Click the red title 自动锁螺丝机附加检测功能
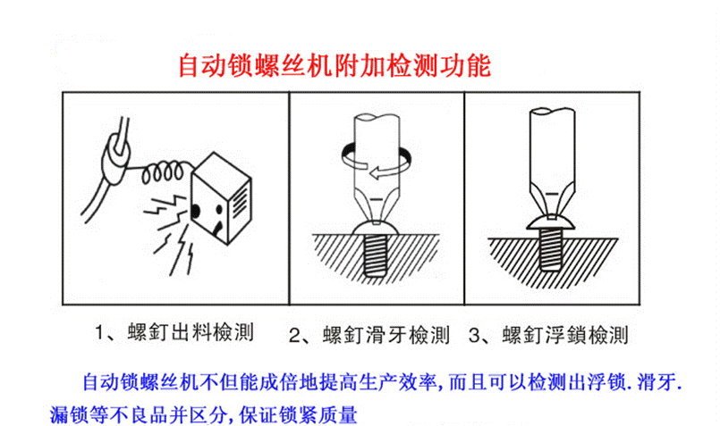tap(335, 65)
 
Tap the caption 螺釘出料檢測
tap(191, 332)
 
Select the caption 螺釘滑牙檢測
tap(385, 335)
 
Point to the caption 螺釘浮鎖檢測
tap(565, 335)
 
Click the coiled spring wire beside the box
tap(161, 171)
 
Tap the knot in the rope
tap(114, 157)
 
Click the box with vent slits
tap(221, 198)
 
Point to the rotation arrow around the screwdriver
tap(376, 161)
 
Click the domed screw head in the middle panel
tap(376, 227)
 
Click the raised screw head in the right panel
tap(551, 222)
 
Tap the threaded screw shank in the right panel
tap(551, 250)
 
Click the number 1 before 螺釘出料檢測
tap(97, 333)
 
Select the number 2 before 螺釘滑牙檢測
tap(294, 336)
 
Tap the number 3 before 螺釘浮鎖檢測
tap(474, 335)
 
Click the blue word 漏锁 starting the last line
tap(69, 414)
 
